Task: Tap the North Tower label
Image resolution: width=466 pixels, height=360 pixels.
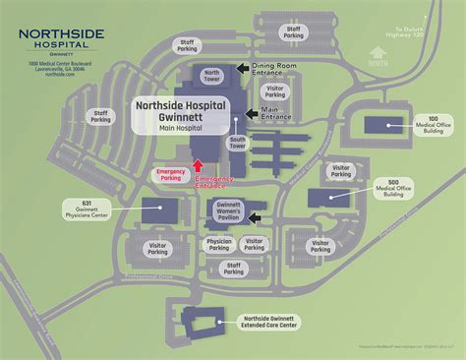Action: click(210, 76)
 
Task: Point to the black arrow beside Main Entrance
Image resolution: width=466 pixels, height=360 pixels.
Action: click(252, 112)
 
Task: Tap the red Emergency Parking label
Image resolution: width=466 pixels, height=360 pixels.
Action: click(171, 174)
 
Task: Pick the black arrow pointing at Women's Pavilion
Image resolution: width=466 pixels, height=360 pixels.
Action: click(256, 217)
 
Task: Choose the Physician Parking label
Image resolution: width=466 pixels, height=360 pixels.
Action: click(219, 243)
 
